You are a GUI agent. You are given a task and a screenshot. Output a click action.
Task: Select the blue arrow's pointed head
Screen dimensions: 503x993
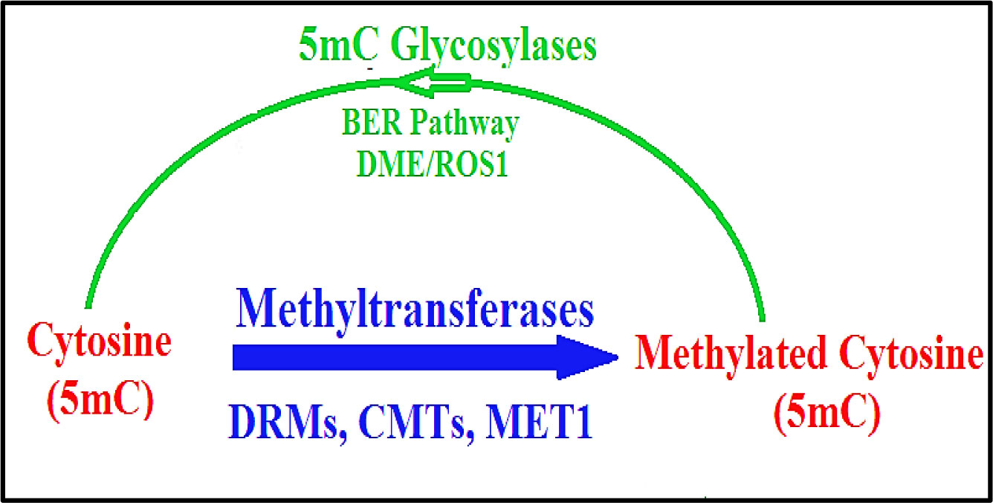(x=595, y=358)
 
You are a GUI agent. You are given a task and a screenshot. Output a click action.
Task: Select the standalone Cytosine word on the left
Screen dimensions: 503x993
(x=100, y=343)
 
